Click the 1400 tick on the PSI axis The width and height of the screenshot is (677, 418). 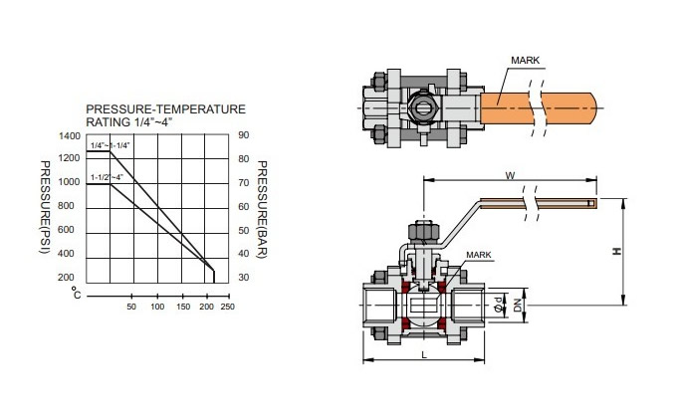pos(70,136)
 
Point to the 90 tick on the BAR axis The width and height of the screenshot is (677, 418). pos(244,135)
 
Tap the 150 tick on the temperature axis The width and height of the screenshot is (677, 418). pos(183,307)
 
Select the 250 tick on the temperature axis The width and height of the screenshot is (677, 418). pos(228,307)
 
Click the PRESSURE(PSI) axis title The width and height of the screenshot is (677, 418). pos(45,207)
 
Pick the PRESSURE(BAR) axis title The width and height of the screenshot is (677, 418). pos(262,209)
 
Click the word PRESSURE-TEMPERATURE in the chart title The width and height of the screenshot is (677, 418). pos(166,108)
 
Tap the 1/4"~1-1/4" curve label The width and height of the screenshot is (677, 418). pos(111,145)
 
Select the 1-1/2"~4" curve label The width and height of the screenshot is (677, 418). pos(108,177)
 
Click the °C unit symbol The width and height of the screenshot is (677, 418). pos(76,293)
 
